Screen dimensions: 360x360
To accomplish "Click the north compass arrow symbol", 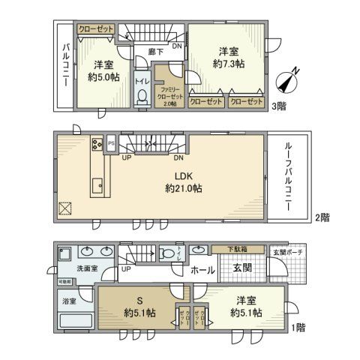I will click(287, 79).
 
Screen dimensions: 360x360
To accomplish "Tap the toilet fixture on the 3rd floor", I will click(141, 96).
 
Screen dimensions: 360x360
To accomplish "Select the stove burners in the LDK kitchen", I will click(97, 144).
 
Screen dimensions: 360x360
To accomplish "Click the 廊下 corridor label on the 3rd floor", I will click(155, 52).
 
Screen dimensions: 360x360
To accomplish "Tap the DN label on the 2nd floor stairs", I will click(179, 158).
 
